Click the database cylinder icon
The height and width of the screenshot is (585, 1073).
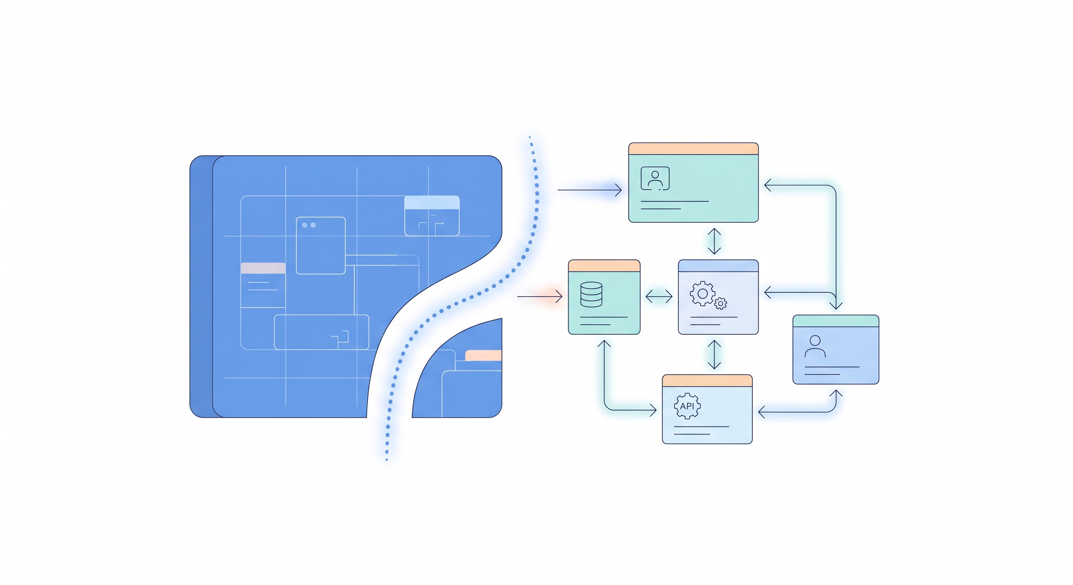pos(591,294)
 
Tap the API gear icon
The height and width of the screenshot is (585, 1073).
pos(687,406)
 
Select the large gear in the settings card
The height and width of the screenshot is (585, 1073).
pos(702,294)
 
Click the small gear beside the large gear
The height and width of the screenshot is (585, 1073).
pos(721,304)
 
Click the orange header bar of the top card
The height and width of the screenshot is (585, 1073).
pos(693,149)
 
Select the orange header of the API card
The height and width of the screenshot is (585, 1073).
pos(707,380)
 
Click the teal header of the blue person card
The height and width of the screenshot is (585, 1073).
pos(836,321)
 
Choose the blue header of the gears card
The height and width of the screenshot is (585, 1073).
pos(718,265)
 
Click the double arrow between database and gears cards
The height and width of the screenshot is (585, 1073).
pos(658,296)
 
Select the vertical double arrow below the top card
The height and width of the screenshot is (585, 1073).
pos(714,241)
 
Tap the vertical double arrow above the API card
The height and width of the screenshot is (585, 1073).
pos(714,354)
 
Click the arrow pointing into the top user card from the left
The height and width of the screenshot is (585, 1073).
pos(589,190)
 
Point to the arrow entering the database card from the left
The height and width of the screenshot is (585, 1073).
pos(540,296)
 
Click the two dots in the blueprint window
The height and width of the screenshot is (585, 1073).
pos(309,225)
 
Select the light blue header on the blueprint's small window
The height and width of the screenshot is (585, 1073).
pos(432,203)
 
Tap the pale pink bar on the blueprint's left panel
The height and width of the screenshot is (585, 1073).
pos(263,268)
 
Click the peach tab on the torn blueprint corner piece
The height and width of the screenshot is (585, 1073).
pos(483,356)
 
